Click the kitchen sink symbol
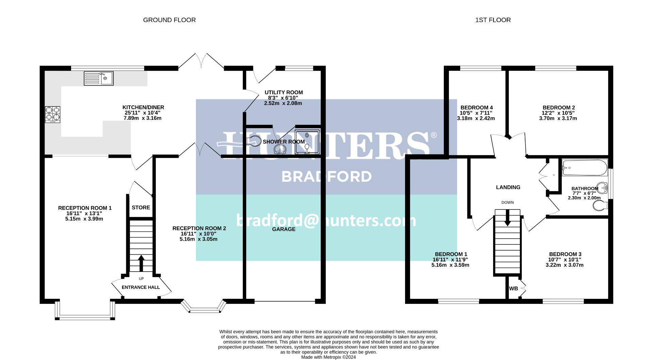coord(99,79)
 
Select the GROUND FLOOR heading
coord(169,20)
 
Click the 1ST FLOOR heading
coord(493,20)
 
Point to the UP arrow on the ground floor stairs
coord(141,262)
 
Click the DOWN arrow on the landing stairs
coord(507,218)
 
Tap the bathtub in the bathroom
coord(585,168)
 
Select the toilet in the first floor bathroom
coord(600,206)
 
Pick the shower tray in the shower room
coord(307,141)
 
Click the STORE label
coord(141,208)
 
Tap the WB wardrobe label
coord(514,289)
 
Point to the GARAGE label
coord(284,229)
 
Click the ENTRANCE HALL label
coord(141,287)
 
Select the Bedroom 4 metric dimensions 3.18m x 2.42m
coord(476,119)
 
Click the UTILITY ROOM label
coord(284,92)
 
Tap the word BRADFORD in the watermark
coord(326,176)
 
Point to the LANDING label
coord(508,187)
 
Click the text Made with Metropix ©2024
coord(329,357)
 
